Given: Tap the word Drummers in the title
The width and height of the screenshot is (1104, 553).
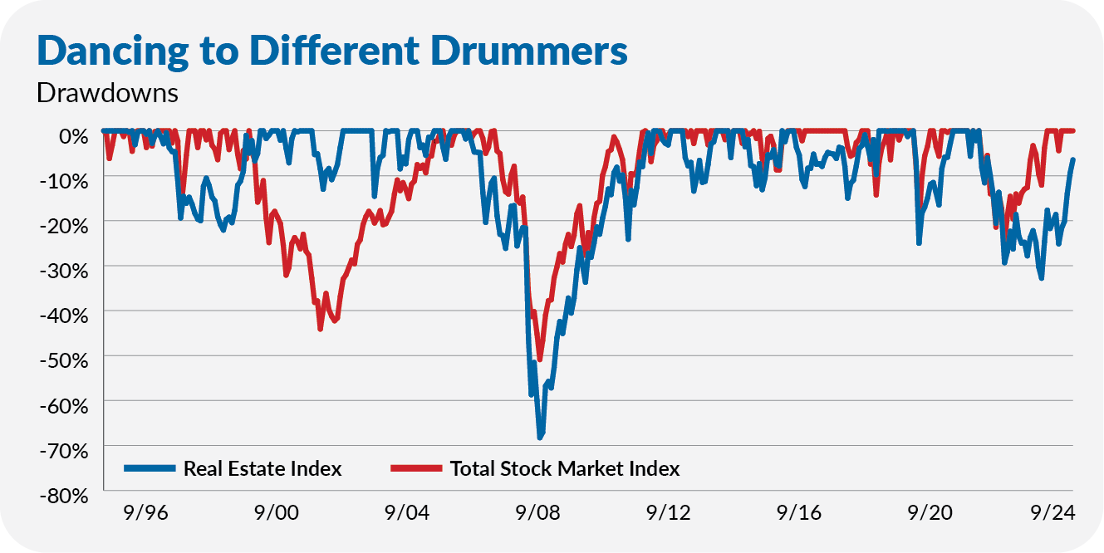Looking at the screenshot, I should tap(537, 51).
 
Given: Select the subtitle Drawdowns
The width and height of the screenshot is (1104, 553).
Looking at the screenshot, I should tap(107, 92).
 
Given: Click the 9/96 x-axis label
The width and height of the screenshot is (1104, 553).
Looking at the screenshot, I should tap(146, 513).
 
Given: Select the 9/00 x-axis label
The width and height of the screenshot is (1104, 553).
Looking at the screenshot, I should tap(277, 513).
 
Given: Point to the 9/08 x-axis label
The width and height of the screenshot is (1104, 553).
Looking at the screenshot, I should tap(538, 513).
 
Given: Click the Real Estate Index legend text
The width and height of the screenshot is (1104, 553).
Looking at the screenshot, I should tap(263, 469).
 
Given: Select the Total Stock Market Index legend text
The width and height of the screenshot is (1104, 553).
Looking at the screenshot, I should tap(565, 469).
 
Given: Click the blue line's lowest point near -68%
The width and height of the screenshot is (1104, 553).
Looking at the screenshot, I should tap(539, 437).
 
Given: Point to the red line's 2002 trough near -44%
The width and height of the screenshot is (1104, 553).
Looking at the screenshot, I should tap(320, 329).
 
